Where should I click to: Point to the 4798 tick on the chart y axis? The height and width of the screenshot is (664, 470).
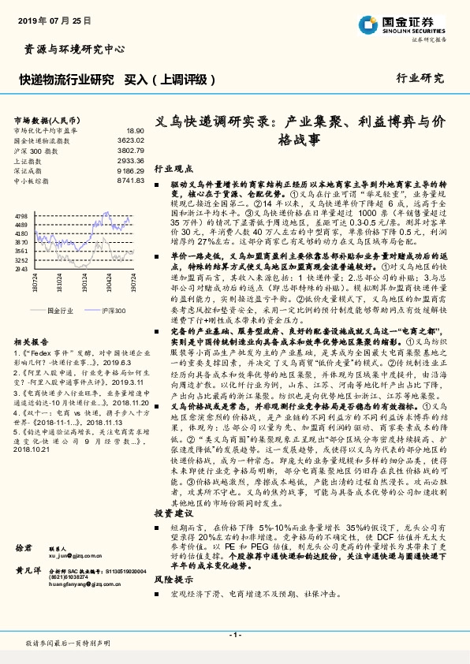21,215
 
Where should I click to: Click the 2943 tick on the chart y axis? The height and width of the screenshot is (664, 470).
21,269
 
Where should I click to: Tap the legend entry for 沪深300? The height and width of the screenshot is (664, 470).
114,311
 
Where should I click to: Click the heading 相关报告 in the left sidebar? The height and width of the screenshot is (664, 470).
31,341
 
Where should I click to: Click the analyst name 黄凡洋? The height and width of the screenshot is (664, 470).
28,592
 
